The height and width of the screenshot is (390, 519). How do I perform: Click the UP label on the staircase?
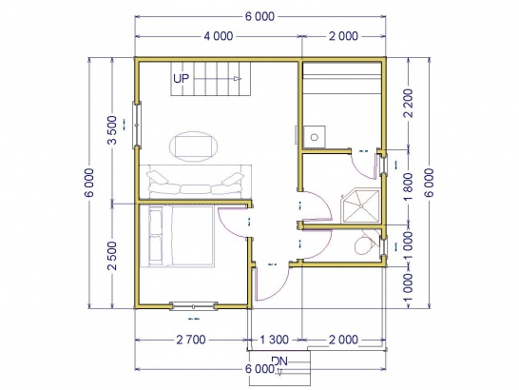pos(181,79)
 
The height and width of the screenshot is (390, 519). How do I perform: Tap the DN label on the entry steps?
pos(279,361)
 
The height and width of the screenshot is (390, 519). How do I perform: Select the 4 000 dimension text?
pos(218,36)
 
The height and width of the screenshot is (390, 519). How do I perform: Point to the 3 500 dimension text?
pos(112,130)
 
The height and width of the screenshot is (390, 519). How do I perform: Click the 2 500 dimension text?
pos(112,256)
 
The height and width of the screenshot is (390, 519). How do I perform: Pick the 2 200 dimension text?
pos(409,103)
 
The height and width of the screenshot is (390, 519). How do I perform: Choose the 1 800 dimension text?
pos(409,186)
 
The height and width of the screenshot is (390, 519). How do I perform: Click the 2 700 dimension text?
pos(191,340)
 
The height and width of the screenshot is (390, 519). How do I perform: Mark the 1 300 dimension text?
pos(275,340)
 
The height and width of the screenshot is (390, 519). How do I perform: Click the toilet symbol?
pos(366,244)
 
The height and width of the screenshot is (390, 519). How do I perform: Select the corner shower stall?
pos(360,206)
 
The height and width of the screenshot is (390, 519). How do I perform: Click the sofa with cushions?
pos(195,183)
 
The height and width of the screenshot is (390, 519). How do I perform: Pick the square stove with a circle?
pos(315,136)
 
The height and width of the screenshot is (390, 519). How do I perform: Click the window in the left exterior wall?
pos(137,125)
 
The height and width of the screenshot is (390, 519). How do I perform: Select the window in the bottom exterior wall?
pos(193,306)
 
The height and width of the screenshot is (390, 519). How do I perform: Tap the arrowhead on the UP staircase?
pos(238,79)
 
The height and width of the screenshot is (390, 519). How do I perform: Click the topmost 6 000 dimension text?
pos(259,16)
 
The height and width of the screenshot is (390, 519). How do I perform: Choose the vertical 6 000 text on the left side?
pos(89,183)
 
